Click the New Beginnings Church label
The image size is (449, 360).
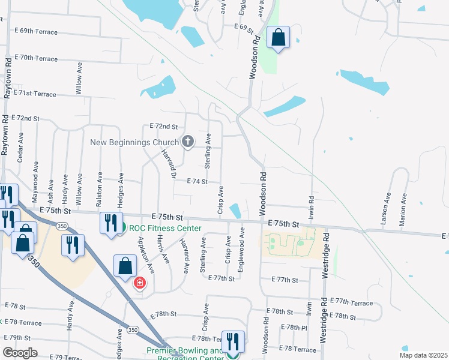134,142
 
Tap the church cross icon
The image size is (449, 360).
188,142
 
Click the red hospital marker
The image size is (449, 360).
139,283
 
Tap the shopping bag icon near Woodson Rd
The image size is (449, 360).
278,38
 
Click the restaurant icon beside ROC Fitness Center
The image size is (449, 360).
111,223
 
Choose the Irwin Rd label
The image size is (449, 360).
312,208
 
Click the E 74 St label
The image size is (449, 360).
197,181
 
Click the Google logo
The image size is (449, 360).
20,353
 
